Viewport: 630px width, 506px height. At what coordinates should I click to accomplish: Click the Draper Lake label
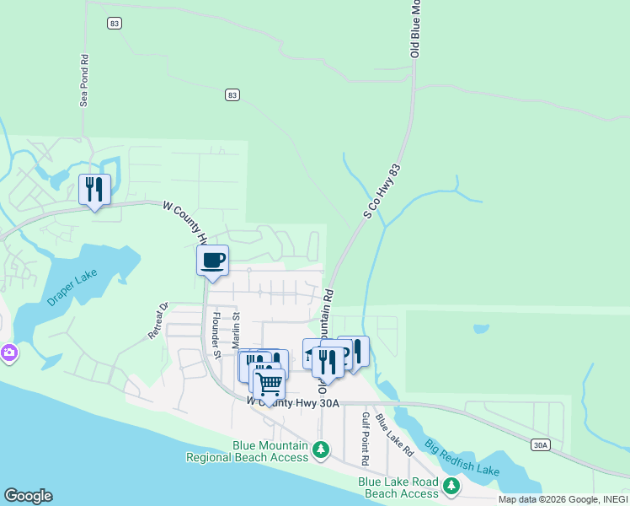(x=73, y=288)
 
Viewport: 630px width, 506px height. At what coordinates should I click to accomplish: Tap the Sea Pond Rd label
(x=83, y=81)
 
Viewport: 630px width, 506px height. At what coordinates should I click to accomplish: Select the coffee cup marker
(x=213, y=260)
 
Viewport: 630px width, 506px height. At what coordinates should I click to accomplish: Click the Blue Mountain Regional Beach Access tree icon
(x=320, y=449)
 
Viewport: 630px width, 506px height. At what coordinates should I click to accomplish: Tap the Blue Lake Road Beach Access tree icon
(x=452, y=486)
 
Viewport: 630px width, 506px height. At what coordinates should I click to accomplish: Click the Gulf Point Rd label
(x=366, y=439)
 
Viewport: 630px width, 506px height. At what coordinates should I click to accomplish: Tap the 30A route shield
(x=540, y=444)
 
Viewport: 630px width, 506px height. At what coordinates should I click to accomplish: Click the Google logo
(x=28, y=496)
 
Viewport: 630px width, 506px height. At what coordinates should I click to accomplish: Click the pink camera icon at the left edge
(x=8, y=353)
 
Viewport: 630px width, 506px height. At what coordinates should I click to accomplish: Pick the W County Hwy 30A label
(x=293, y=403)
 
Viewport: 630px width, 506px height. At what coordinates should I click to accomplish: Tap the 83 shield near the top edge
(x=114, y=24)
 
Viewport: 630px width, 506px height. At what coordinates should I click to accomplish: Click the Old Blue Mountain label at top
(x=414, y=30)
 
